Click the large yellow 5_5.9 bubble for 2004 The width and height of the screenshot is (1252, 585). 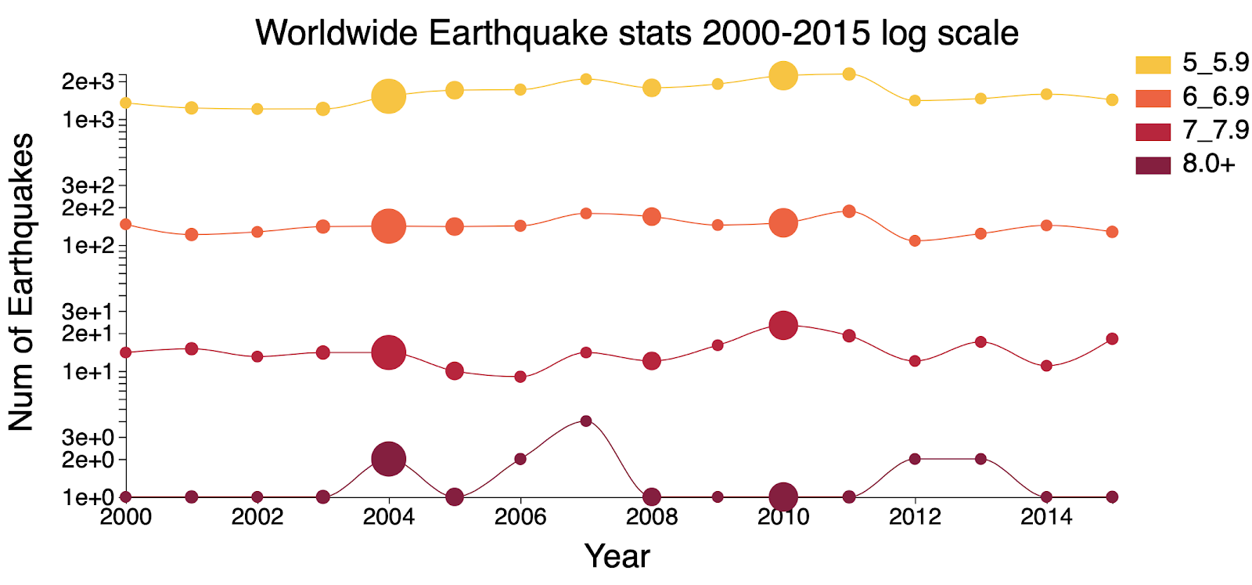(388, 96)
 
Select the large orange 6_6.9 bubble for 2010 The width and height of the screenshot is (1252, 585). (783, 222)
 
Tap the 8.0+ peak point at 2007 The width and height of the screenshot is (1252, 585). (586, 421)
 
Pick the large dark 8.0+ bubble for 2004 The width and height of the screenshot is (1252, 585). (388, 459)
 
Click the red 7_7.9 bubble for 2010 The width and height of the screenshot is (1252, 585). (783, 325)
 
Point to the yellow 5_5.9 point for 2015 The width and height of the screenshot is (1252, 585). (1112, 99)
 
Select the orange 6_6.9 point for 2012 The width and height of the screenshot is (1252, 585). (915, 241)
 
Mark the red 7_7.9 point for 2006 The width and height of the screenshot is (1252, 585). (520, 377)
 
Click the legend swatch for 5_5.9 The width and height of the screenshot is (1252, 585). (1153, 65)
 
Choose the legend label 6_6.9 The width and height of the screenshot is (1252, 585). (1215, 97)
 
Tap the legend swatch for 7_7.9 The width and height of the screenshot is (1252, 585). (1153, 132)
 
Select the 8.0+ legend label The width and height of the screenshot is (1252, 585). (1208, 164)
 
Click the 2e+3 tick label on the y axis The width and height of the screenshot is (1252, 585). (88, 81)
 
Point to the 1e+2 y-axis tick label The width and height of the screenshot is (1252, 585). (88, 246)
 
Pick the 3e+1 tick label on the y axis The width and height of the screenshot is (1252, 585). (88, 311)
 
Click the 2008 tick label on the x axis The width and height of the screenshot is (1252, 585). (652, 516)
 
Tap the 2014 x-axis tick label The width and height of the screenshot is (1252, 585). (1046, 516)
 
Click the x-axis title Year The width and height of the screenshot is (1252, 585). (617, 557)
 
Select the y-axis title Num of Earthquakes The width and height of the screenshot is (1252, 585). (21, 282)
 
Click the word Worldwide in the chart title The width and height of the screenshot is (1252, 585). (336, 32)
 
